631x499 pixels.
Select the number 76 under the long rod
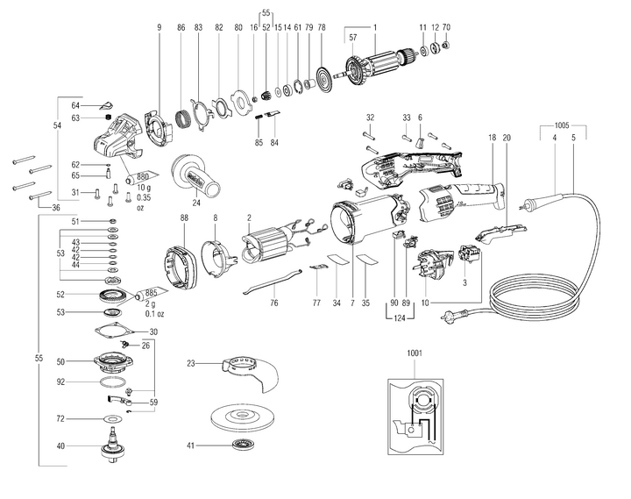tap(274, 303)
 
